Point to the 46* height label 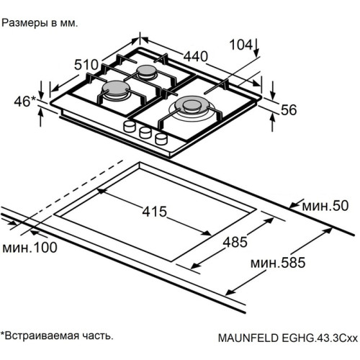tap(24, 101)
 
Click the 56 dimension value tap(288, 109)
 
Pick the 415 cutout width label tap(154, 212)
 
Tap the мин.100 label tap(30, 248)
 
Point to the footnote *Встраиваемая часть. tap(57, 336)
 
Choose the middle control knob tap(145, 132)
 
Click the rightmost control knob tap(159, 138)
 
